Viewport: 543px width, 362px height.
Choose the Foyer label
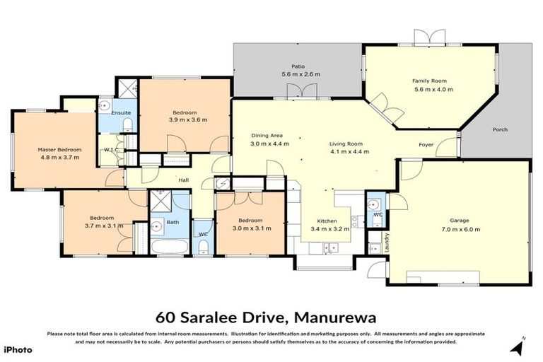tap(426, 145)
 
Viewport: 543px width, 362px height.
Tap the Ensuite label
tap(111, 113)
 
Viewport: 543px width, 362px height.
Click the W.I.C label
tap(110, 150)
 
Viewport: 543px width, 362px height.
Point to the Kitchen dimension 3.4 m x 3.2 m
tap(326, 229)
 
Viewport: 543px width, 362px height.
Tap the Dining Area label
tap(267, 135)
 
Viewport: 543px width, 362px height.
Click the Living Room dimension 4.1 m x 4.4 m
tap(349, 151)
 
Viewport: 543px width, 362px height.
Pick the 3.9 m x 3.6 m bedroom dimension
tap(188, 120)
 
